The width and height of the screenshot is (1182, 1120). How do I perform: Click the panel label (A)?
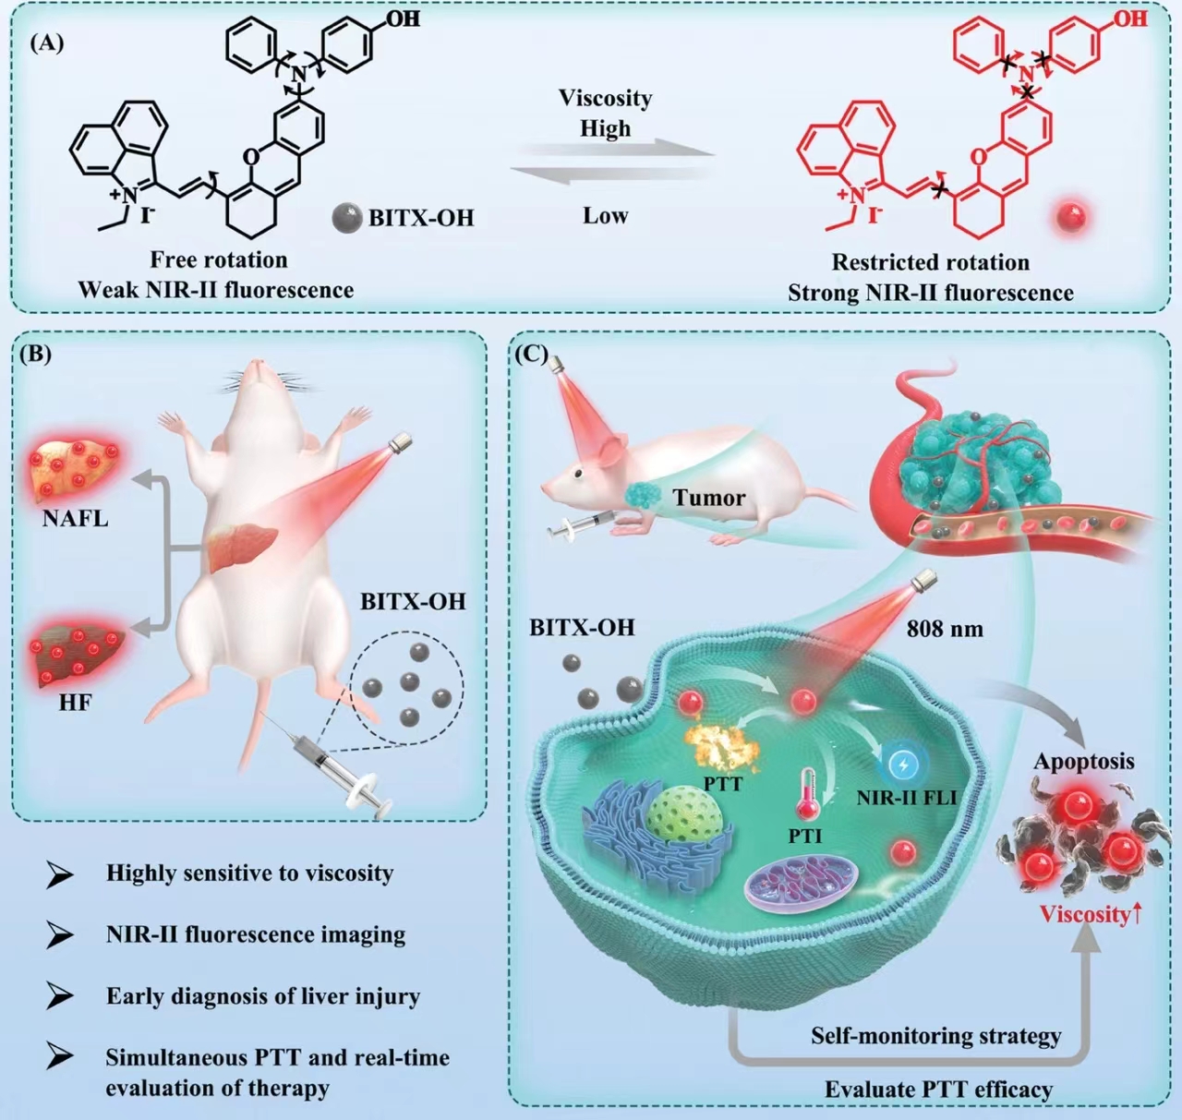(47, 43)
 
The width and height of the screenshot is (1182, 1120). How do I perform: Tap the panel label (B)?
(35, 354)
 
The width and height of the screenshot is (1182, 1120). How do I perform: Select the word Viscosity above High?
(606, 99)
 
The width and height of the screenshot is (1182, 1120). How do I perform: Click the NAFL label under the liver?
(75, 518)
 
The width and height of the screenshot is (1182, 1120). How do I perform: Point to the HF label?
(75, 702)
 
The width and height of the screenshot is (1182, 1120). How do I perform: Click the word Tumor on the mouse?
(709, 497)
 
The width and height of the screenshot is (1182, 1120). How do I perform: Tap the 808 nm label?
(945, 629)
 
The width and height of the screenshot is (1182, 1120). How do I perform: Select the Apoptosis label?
(1084, 762)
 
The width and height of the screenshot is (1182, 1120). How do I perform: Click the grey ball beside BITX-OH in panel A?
(347, 218)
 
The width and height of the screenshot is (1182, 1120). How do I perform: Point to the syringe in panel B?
(328, 769)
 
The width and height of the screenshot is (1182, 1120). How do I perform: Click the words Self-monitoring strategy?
(936, 1035)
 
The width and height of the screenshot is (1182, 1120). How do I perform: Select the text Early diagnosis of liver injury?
(263, 996)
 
